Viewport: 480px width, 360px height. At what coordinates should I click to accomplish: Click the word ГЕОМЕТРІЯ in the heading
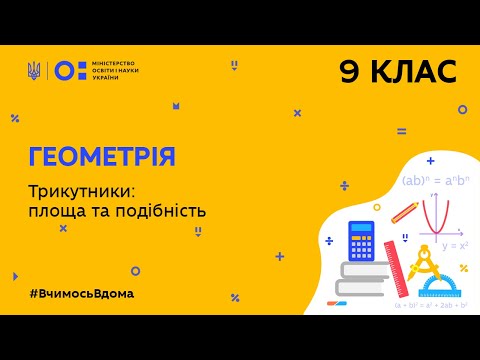100,156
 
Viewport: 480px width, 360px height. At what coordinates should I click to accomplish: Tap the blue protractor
446,286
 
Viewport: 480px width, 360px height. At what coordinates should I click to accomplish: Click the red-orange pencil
405,212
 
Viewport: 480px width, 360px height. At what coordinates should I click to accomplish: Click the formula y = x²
454,245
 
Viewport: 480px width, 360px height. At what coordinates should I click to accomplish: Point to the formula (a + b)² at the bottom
434,303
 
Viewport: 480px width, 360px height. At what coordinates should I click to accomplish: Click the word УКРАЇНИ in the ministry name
107,79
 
